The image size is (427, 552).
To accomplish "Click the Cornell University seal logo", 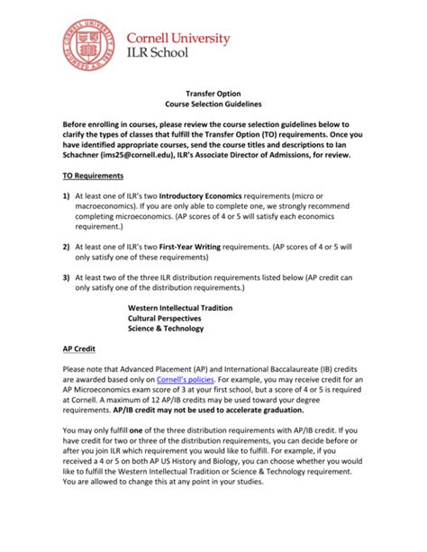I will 89,47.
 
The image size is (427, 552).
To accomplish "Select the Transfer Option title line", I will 213,92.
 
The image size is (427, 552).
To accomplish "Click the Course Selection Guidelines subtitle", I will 213,104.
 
